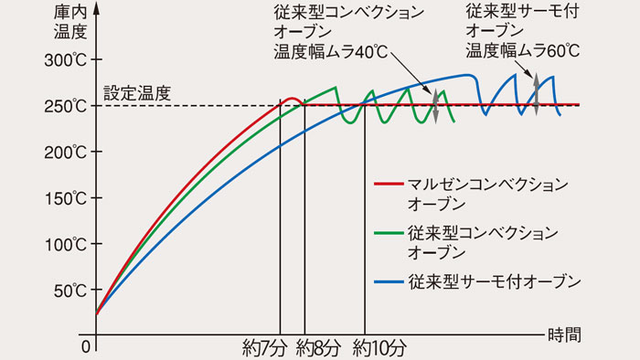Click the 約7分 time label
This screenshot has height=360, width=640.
tap(261, 348)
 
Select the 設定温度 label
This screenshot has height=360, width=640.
tap(137, 92)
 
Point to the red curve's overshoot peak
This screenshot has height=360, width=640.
tap(291, 98)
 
